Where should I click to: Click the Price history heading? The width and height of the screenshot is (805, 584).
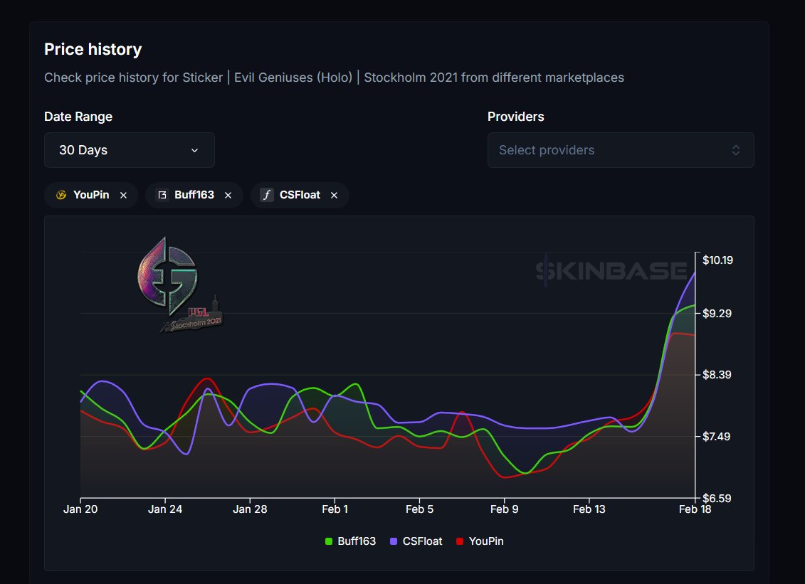93,50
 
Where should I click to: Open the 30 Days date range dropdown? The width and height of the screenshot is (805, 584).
129,150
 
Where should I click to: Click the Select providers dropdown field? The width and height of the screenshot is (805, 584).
620,150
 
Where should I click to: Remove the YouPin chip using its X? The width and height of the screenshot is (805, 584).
123,195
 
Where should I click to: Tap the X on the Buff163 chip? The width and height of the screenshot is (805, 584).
228,195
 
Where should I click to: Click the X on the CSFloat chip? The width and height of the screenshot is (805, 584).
334,195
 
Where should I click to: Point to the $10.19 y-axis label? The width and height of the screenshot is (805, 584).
717,260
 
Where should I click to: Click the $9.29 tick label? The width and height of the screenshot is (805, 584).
717,314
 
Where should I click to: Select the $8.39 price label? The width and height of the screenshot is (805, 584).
717,375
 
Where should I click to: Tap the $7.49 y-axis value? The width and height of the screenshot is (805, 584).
717,437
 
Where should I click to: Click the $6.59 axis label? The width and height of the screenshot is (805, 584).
717,498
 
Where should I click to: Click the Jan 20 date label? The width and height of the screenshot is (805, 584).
80,509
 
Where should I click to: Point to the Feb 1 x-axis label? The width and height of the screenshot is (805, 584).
335,509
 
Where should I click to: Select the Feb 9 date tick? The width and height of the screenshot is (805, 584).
504,509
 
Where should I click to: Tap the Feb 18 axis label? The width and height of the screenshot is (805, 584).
694,509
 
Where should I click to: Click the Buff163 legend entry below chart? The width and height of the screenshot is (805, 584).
350,541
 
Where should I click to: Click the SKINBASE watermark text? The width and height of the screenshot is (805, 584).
611,271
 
